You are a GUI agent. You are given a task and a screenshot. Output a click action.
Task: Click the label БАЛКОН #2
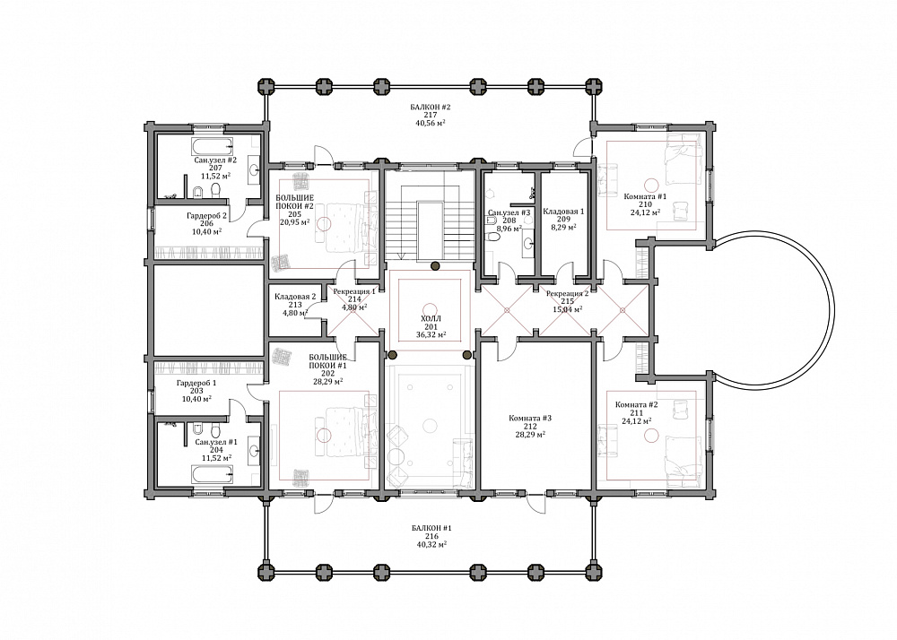point(431,107)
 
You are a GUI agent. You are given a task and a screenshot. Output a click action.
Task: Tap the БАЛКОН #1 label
point(431,528)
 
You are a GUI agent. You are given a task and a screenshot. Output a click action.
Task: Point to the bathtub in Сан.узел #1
point(211,473)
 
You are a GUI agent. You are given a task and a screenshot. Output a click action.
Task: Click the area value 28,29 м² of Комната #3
point(530,434)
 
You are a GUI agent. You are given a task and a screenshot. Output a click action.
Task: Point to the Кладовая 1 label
point(563,211)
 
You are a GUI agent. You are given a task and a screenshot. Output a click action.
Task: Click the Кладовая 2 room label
point(295,297)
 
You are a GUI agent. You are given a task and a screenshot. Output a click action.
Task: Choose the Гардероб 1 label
point(196,384)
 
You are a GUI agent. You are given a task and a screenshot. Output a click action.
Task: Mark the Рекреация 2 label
point(567,294)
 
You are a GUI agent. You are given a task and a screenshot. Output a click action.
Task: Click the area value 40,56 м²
point(431,123)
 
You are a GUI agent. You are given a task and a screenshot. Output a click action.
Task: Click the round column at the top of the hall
point(435,265)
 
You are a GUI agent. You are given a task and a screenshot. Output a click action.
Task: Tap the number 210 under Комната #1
point(645,204)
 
